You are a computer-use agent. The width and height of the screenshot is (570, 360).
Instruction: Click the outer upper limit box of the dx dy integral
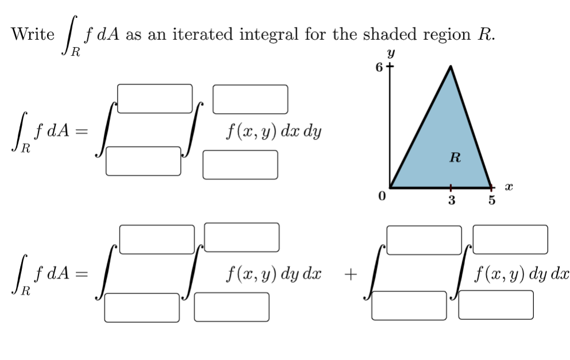(x=155, y=99)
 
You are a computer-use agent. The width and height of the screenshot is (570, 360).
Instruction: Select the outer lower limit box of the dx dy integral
(x=143, y=161)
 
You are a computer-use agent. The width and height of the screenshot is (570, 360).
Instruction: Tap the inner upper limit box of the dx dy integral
(x=250, y=99)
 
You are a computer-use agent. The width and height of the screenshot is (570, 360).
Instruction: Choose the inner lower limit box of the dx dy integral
(x=240, y=165)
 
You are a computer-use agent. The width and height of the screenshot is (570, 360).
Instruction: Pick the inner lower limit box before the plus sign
(x=231, y=307)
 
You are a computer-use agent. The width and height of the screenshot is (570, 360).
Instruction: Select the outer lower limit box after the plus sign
(x=409, y=305)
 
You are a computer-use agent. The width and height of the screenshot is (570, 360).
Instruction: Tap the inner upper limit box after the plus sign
(x=510, y=239)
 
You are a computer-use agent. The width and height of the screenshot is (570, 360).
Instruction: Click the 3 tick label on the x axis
(x=451, y=200)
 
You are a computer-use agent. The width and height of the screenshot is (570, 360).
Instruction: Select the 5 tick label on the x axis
(x=491, y=201)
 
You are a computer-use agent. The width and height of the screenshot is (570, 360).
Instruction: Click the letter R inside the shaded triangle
(x=455, y=157)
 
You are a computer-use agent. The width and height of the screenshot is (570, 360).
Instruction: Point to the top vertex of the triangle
(x=451, y=67)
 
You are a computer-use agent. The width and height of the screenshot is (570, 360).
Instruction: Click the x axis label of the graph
(x=508, y=187)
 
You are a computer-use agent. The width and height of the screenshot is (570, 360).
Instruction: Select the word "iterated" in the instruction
(x=211, y=34)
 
